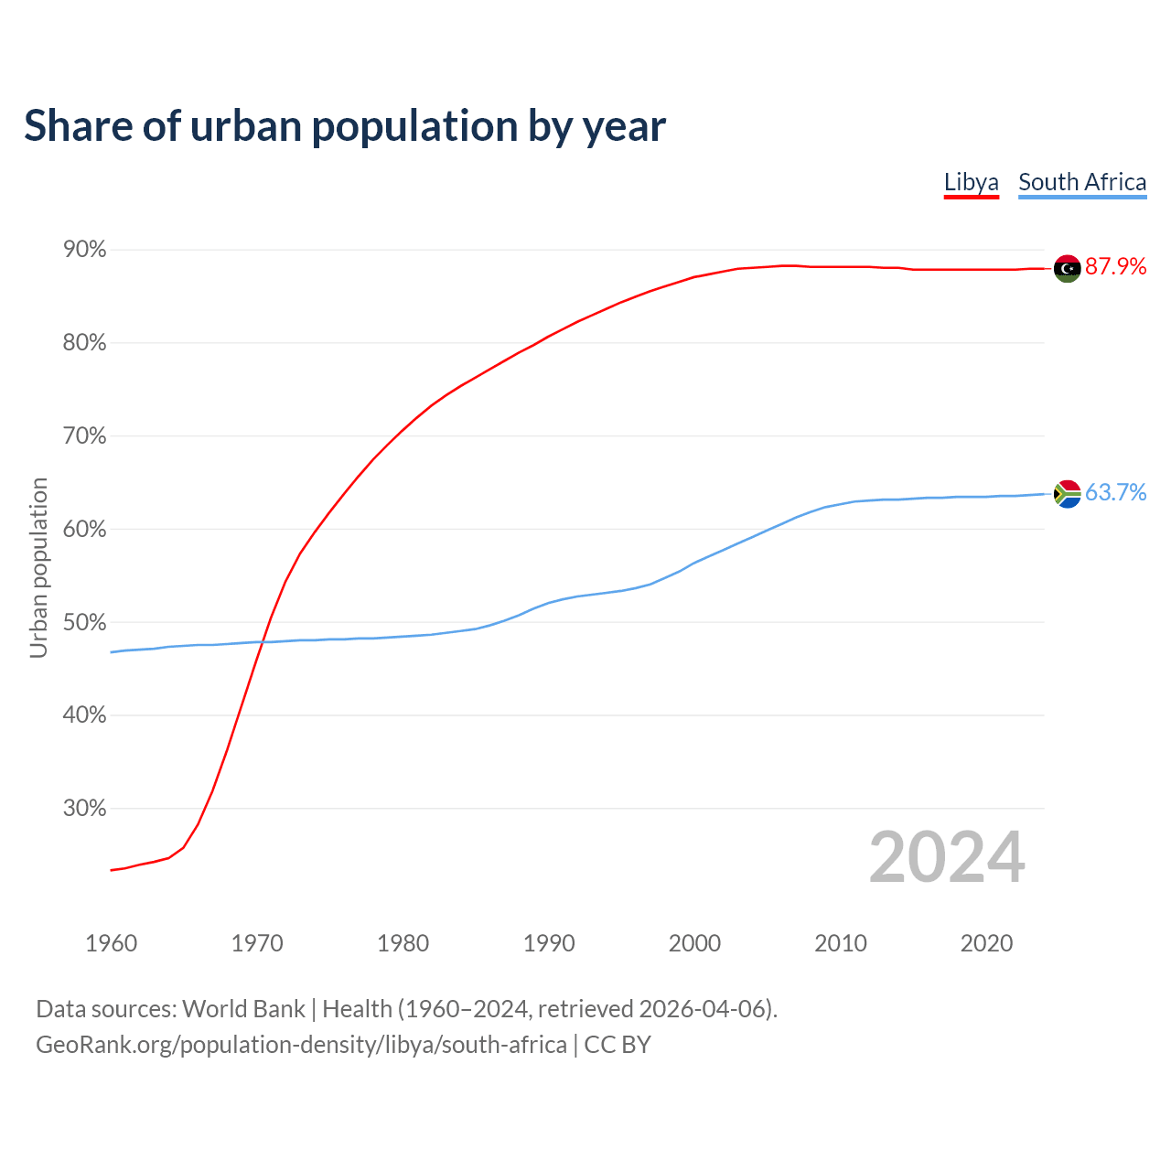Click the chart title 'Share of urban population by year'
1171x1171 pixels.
click(x=345, y=126)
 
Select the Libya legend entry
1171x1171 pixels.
click(x=971, y=182)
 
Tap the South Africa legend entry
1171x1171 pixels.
click(x=1082, y=182)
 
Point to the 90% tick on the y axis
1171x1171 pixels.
click(x=84, y=250)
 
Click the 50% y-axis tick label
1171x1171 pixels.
click(x=84, y=622)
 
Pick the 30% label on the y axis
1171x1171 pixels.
click(x=84, y=809)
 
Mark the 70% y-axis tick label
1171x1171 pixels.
click(x=84, y=436)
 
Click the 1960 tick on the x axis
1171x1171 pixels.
click(x=111, y=943)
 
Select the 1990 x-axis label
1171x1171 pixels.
click(x=549, y=943)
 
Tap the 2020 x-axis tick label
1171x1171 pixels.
click(x=986, y=943)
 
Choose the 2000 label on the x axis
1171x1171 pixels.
click(x=694, y=943)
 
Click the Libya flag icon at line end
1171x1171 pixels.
click(x=1067, y=268)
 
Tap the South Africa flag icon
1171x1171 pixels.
click(x=1067, y=494)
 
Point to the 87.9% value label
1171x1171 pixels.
click(x=1115, y=267)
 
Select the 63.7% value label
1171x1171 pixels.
click(x=1115, y=493)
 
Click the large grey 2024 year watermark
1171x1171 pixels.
click(x=947, y=857)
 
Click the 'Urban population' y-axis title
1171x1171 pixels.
click(x=38, y=567)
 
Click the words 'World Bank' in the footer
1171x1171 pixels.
click(x=243, y=1009)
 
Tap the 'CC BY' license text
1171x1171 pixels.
click(x=618, y=1045)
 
